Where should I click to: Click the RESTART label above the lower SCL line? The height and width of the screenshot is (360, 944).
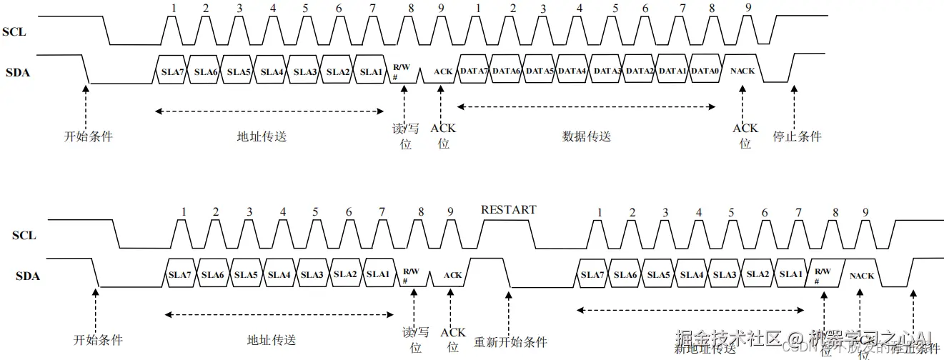[508, 209]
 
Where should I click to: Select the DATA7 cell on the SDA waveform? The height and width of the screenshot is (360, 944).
[474, 71]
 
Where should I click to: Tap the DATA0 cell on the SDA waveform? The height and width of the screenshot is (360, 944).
[705, 71]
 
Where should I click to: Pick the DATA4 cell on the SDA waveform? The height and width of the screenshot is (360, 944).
[572, 71]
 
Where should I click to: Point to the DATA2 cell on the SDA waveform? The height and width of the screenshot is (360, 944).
[640, 71]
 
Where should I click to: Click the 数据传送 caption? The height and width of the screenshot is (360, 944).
[587, 136]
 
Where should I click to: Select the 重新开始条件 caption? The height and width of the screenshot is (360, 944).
[511, 341]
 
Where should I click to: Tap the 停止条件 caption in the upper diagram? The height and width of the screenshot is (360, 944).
[798, 136]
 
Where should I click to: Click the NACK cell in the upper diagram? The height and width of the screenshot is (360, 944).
[743, 71]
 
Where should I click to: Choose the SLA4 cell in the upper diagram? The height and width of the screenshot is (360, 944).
[272, 71]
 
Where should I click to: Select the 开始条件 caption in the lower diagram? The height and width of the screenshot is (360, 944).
[99, 339]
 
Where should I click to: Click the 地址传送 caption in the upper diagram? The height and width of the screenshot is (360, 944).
[262, 136]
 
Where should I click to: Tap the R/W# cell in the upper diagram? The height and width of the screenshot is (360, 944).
[399, 71]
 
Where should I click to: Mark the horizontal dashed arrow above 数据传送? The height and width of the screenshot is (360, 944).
[586, 107]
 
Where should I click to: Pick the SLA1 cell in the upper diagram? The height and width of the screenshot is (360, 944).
[372, 71]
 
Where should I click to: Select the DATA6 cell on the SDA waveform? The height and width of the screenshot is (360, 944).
[506, 71]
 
